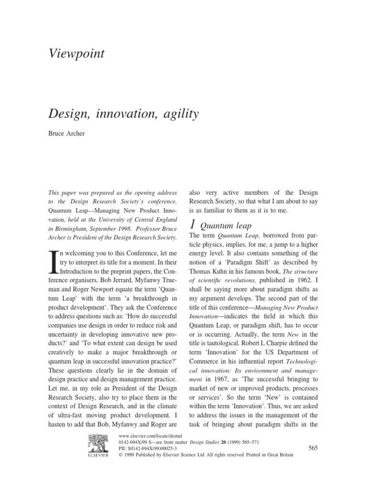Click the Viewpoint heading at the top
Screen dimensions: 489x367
pyautogui.click(x=77, y=54)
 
